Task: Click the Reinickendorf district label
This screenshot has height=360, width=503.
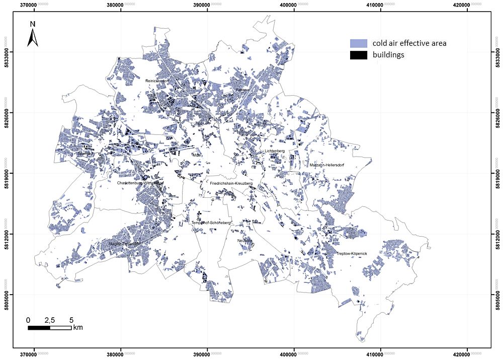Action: [156, 81]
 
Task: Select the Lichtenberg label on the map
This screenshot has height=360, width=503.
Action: [275, 151]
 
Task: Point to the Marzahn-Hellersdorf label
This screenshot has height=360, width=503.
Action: [326, 165]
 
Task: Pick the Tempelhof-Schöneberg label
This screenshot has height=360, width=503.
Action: [211, 223]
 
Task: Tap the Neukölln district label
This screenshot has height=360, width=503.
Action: [244, 241]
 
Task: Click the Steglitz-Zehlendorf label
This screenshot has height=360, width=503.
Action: [124, 244]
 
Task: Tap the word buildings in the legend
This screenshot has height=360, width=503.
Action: [388, 55]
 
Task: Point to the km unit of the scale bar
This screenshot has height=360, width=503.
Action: [78, 328]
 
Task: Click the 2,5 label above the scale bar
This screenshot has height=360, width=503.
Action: [50, 320]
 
